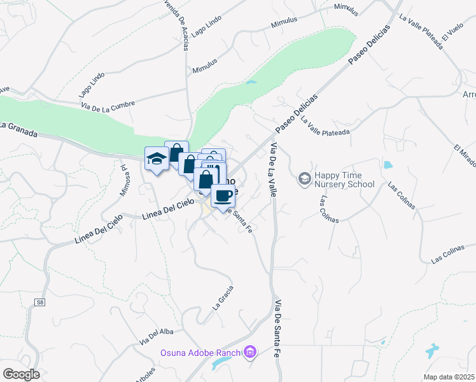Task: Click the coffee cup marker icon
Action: click(x=223, y=196)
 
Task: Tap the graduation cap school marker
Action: click(x=157, y=159)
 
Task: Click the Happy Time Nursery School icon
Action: click(x=304, y=179)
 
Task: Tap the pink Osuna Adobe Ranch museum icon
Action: click(x=250, y=352)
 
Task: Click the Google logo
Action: click(x=21, y=374)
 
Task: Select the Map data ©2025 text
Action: click(x=449, y=377)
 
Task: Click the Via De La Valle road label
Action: click(x=273, y=169)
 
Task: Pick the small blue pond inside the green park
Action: click(x=251, y=82)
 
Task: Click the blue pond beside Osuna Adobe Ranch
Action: click(x=222, y=362)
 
